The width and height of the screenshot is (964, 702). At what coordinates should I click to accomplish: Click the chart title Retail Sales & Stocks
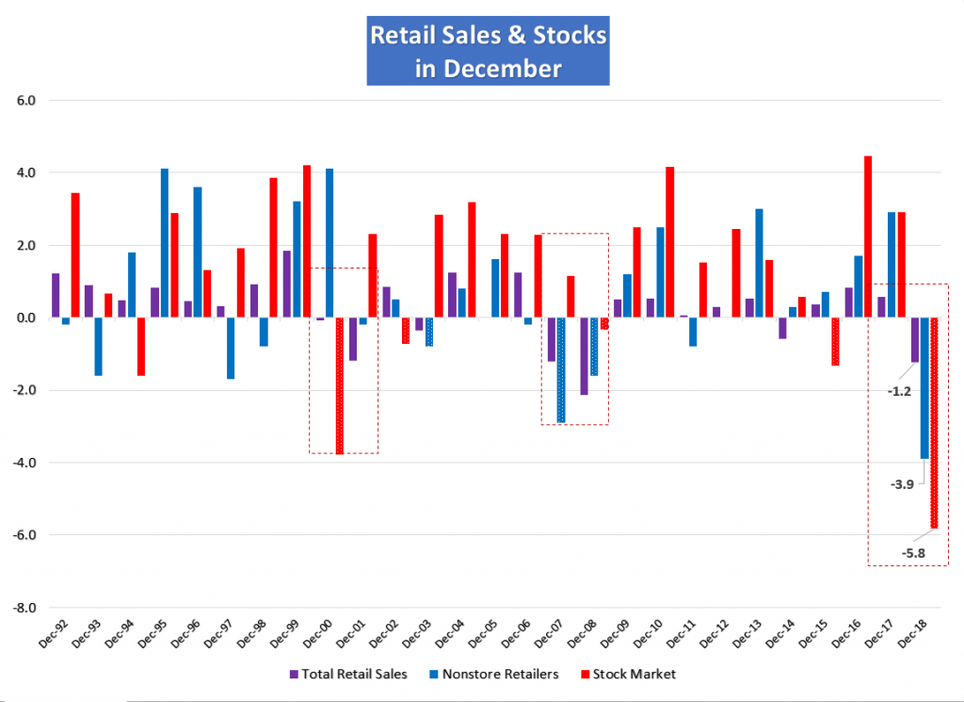click(488, 36)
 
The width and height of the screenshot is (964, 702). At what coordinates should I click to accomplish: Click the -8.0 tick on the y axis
click(23, 608)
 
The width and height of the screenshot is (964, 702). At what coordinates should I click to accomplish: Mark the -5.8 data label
click(914, 552)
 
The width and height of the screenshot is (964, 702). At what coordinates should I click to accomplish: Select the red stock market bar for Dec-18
click(934, 423)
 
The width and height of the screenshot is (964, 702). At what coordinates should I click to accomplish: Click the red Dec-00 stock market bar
click(339, 386)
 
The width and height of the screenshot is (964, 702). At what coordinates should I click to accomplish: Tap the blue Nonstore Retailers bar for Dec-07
click(561, 370)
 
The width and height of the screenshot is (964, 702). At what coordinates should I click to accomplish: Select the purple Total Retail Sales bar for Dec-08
click(584, 356)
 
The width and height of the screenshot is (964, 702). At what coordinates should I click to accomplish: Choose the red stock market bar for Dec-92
click(75, 255)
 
